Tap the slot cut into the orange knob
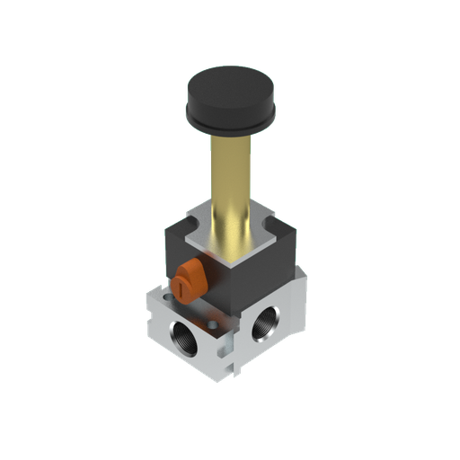click(180, 287)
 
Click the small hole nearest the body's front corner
click(213, 325)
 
